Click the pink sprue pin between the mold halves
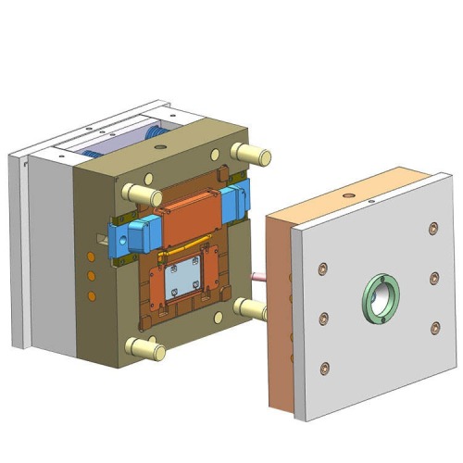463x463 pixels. coord(257,276)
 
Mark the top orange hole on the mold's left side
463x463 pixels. coord(91,257)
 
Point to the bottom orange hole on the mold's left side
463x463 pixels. coord(91,295)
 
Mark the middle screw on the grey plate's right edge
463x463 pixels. coord(433,277)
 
